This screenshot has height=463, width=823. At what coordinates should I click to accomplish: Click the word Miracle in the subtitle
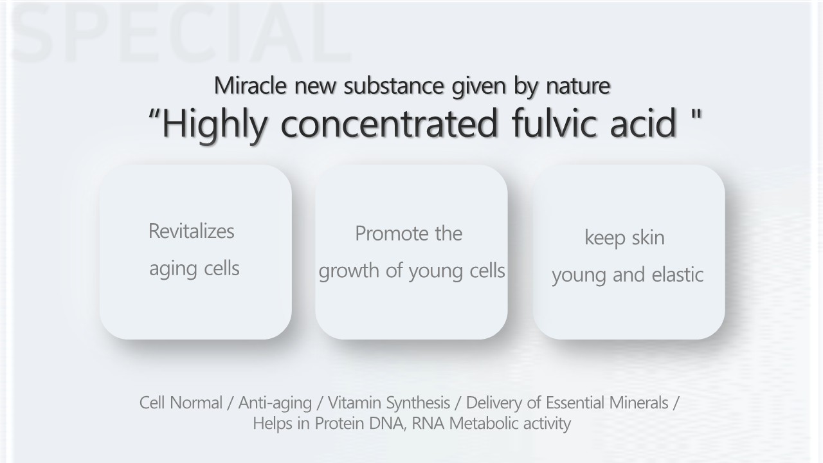[x=250, y=86]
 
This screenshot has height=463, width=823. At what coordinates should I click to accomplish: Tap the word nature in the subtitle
[x=578, y=86]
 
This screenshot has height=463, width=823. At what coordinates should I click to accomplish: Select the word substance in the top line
[x=393, y=86]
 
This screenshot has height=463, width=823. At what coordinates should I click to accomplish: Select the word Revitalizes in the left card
[x=191, y=231]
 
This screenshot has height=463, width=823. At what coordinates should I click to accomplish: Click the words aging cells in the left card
[x=194, y=269]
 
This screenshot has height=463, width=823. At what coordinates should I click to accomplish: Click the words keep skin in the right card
[x=624, y=238]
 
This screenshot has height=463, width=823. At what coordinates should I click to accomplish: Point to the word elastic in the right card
[x=677, y=275]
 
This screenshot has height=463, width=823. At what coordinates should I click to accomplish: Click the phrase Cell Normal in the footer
[x=181, y=403]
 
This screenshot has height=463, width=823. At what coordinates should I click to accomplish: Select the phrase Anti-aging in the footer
[x=275, y=403]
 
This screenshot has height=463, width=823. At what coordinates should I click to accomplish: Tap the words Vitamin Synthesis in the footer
[x=389, y=403]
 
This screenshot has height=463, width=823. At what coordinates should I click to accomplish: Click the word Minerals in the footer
[x=638, y=403]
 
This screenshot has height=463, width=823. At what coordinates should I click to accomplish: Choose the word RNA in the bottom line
[x=428, y=423]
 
